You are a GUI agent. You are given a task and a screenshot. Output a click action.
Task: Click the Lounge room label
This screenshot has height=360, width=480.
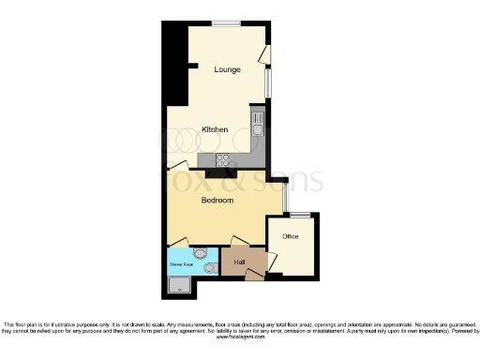tap(227, 69)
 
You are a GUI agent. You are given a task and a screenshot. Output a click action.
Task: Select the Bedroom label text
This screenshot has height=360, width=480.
tap(217, 200)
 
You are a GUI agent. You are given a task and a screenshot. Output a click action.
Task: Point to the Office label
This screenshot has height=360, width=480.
tap(291, 236)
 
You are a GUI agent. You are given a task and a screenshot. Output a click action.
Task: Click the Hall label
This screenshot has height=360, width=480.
tap(240, 261)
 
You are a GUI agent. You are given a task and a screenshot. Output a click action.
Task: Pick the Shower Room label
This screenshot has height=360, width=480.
tap(181, 266)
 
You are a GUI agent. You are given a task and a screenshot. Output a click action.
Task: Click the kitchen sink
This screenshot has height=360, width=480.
tap(257, 119)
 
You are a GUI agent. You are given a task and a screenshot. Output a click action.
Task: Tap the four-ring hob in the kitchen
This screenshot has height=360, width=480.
tap(225, 159)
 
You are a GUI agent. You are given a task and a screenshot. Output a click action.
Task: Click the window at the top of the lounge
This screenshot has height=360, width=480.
tap(224, 23)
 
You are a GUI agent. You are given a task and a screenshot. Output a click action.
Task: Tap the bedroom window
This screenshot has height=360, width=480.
tap(285, 197)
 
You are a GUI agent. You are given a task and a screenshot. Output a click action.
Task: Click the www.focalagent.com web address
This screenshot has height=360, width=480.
tap(241, 337)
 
